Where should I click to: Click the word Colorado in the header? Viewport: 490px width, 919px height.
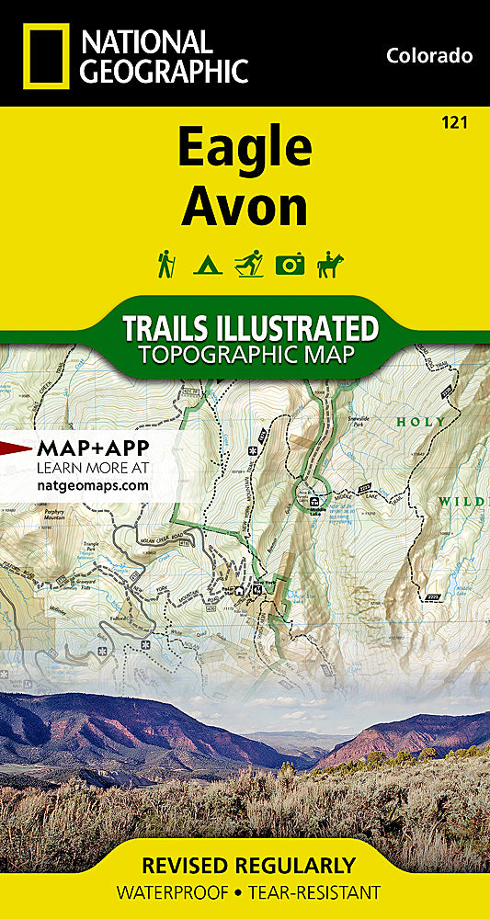[429, 56]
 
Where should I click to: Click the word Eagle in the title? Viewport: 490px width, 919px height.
[245, 149]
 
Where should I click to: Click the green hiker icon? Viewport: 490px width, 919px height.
[166, 264]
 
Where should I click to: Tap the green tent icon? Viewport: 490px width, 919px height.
[206, 266]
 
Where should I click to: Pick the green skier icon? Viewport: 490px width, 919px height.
[248, 264]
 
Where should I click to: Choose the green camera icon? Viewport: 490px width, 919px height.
[290, 265]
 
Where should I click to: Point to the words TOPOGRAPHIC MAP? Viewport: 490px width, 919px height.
[245, 356]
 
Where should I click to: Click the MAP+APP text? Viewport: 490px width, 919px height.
[92, 449]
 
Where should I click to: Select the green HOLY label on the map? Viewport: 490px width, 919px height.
[420, 422]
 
